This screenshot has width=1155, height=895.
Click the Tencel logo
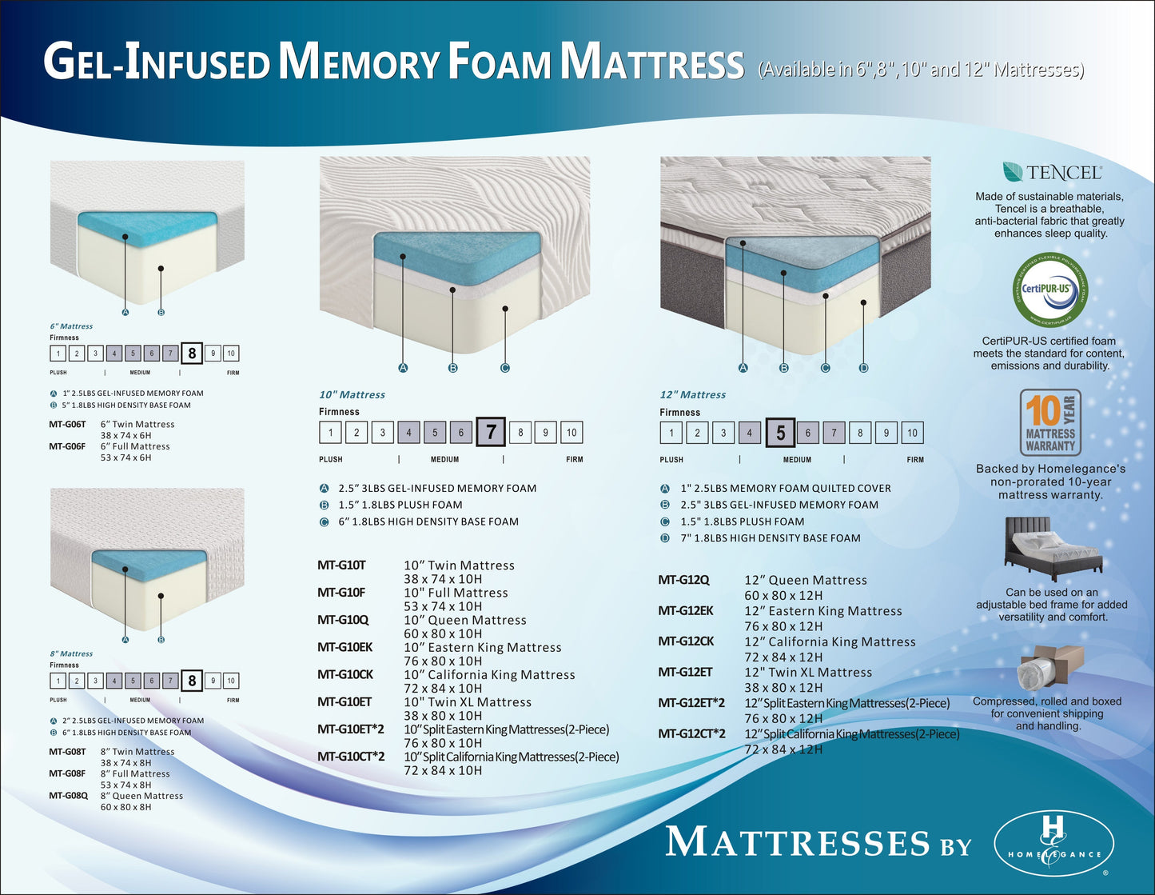coord(1051,172)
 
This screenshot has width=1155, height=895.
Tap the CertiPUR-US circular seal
coord(1050,290)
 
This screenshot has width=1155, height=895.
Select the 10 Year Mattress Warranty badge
coord(1050,422)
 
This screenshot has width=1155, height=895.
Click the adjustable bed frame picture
coord(1053,548)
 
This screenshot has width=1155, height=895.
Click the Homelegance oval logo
coord(1053,843)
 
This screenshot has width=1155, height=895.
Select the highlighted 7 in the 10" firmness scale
coord(491,433)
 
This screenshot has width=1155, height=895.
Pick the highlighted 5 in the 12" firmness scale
coord(780,433)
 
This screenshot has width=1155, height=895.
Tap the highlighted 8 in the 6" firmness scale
coord(192,353)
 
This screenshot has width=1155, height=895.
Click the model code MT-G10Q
coord(343,620)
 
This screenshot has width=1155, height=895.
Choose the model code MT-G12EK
coord(686,611)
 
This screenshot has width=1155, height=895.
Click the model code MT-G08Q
coord(69,796)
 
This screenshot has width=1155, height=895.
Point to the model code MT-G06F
coord(67,446)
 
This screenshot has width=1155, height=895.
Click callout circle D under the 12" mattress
coord(863,368)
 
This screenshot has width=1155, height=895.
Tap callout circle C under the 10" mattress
coord(504,368)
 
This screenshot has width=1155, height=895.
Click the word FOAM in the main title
coord(499,63)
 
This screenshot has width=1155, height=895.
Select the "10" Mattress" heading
coord(352,394)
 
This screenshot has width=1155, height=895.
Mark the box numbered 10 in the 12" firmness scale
coord(912,433)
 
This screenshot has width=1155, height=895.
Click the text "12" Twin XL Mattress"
coord(808,673)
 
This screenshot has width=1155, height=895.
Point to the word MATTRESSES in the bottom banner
coord(798,843)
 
